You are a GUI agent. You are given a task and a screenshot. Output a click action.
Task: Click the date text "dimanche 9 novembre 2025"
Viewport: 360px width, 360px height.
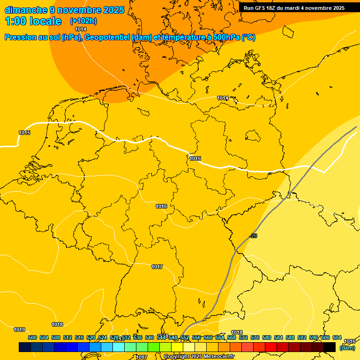click(64, 10)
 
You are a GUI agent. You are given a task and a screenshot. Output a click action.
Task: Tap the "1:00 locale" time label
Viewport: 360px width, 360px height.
click(33, 21)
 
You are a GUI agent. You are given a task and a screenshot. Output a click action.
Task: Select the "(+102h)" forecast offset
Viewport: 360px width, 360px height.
click(83, 21)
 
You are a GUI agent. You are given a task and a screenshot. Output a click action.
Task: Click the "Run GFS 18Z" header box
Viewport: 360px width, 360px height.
click(294, 7)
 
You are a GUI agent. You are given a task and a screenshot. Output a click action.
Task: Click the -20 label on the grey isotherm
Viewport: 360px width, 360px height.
click(253, 236)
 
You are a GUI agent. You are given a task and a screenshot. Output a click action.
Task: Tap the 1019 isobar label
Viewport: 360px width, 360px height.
click(19, 330)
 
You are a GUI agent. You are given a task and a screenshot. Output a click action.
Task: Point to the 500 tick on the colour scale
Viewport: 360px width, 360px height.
click(32, 337)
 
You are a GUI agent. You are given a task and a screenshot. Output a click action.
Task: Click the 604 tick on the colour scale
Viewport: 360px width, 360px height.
click(337, 337)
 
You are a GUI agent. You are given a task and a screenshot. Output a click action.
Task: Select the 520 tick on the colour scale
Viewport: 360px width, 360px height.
click(91, 337)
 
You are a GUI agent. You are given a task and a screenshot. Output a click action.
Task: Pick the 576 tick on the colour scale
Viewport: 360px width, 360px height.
click(255, 337)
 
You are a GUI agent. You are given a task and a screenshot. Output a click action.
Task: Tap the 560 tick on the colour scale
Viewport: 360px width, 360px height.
click(208, 337)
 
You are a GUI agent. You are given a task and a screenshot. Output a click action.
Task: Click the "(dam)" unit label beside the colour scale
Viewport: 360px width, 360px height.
click(347, 348)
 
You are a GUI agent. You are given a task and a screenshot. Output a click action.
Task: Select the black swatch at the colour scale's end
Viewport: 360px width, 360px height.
click(330, 347)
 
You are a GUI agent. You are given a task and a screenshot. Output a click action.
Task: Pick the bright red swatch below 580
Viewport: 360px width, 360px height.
click(271, 347)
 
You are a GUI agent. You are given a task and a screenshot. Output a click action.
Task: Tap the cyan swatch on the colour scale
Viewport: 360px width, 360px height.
click(119, 347)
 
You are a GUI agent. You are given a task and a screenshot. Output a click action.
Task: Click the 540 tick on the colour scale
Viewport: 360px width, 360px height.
click(150, 337)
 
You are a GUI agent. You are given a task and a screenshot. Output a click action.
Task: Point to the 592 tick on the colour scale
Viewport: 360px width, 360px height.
click(302, 337)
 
